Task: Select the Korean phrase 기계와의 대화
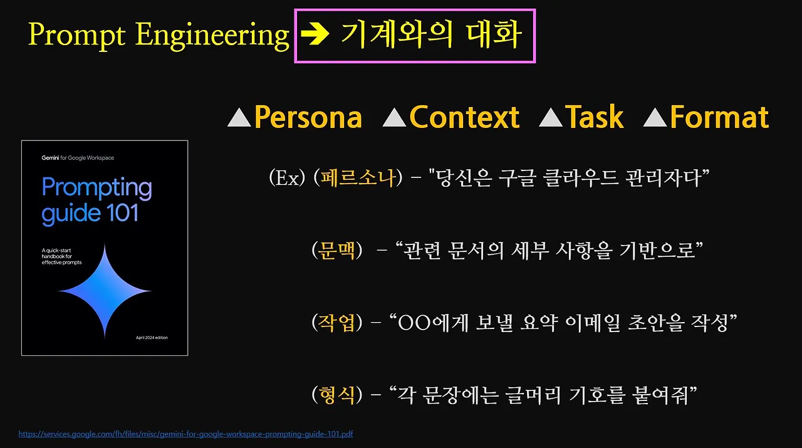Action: point(431,35)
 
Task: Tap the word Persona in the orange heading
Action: point(308,117)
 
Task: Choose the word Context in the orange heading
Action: point(464,117)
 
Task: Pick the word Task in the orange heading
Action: point(595,117)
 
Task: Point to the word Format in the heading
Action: point(719,117)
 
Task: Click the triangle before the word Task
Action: point(551,118)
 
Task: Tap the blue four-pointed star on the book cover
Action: point(105,292)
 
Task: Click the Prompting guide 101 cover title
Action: point(96,201)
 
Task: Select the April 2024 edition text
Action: point(152,338)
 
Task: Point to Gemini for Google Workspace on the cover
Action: point(78,158)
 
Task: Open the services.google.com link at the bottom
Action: point(186,434)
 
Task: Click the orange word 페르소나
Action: point(360,179)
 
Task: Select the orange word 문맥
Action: point(336,251)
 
